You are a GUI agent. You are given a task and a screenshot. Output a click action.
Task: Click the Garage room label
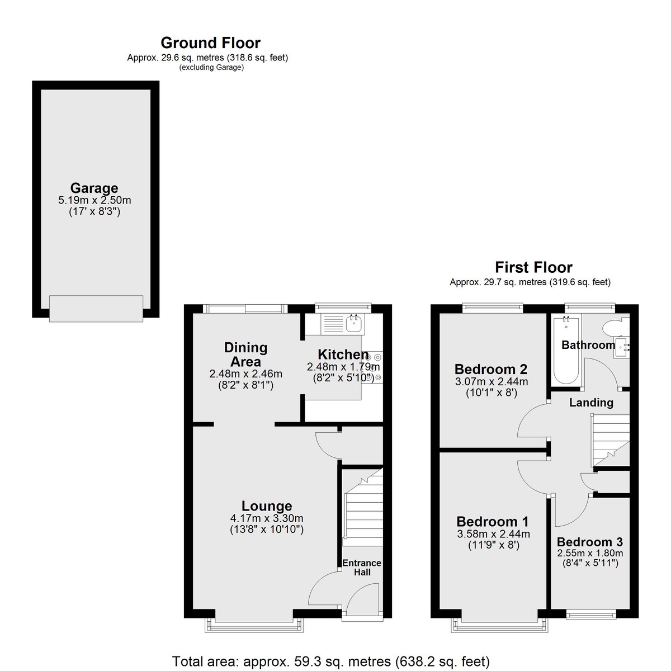(94, 188)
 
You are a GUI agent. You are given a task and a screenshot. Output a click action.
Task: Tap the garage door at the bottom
(96, 309)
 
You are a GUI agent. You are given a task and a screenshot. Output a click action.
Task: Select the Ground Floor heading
(210, 43)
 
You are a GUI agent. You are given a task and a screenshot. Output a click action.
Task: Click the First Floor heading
(533, 267)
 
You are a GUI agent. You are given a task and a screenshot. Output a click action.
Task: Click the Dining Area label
(245, 355)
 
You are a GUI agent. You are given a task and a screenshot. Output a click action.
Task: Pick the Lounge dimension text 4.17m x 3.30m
(267, 518)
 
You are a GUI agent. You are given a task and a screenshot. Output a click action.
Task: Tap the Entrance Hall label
(362, 568)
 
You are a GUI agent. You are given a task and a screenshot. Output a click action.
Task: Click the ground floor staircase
(363, 507)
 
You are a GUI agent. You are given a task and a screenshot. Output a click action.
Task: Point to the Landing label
(591, 403)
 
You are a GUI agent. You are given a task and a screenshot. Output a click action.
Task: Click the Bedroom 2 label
(491, 368)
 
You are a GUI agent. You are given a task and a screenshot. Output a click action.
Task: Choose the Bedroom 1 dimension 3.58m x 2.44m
(493, 534)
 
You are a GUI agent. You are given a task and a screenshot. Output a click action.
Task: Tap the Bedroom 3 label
(589, 542)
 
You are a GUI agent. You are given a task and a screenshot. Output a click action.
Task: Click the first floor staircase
(610, 440)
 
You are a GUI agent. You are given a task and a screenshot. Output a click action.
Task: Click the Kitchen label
(343, 355)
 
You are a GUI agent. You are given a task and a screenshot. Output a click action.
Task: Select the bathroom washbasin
(622, 347)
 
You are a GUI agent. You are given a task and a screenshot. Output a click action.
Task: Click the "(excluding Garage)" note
(211, 68)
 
